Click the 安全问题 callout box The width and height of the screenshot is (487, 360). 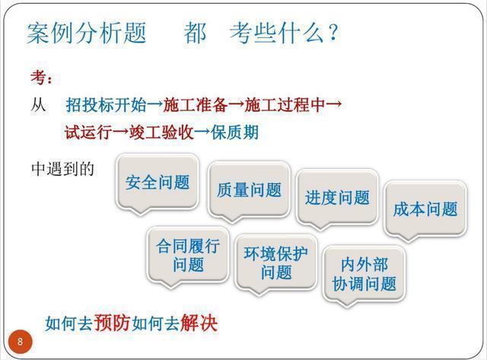158,182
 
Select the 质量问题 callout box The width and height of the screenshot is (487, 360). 249,190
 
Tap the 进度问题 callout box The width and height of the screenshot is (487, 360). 337,198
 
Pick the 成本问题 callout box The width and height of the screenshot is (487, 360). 425,209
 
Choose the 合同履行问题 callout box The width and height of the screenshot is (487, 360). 188,255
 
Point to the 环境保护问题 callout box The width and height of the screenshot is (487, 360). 276,263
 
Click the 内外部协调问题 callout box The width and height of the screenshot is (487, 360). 364,274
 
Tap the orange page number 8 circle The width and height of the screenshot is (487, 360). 21,342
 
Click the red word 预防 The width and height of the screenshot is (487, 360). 112,323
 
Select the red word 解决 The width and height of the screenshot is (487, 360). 199,323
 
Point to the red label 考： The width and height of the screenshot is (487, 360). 42,77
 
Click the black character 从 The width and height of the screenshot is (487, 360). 38,105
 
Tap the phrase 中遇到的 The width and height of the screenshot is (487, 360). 62,169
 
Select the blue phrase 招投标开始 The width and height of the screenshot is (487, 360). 107,105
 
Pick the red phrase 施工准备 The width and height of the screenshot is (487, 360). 196,105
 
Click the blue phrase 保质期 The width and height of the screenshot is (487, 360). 235,132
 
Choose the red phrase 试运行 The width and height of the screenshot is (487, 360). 88,132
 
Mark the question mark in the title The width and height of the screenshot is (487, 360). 333,32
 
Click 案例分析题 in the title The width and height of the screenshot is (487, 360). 86,33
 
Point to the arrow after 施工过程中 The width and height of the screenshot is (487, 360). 334,104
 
